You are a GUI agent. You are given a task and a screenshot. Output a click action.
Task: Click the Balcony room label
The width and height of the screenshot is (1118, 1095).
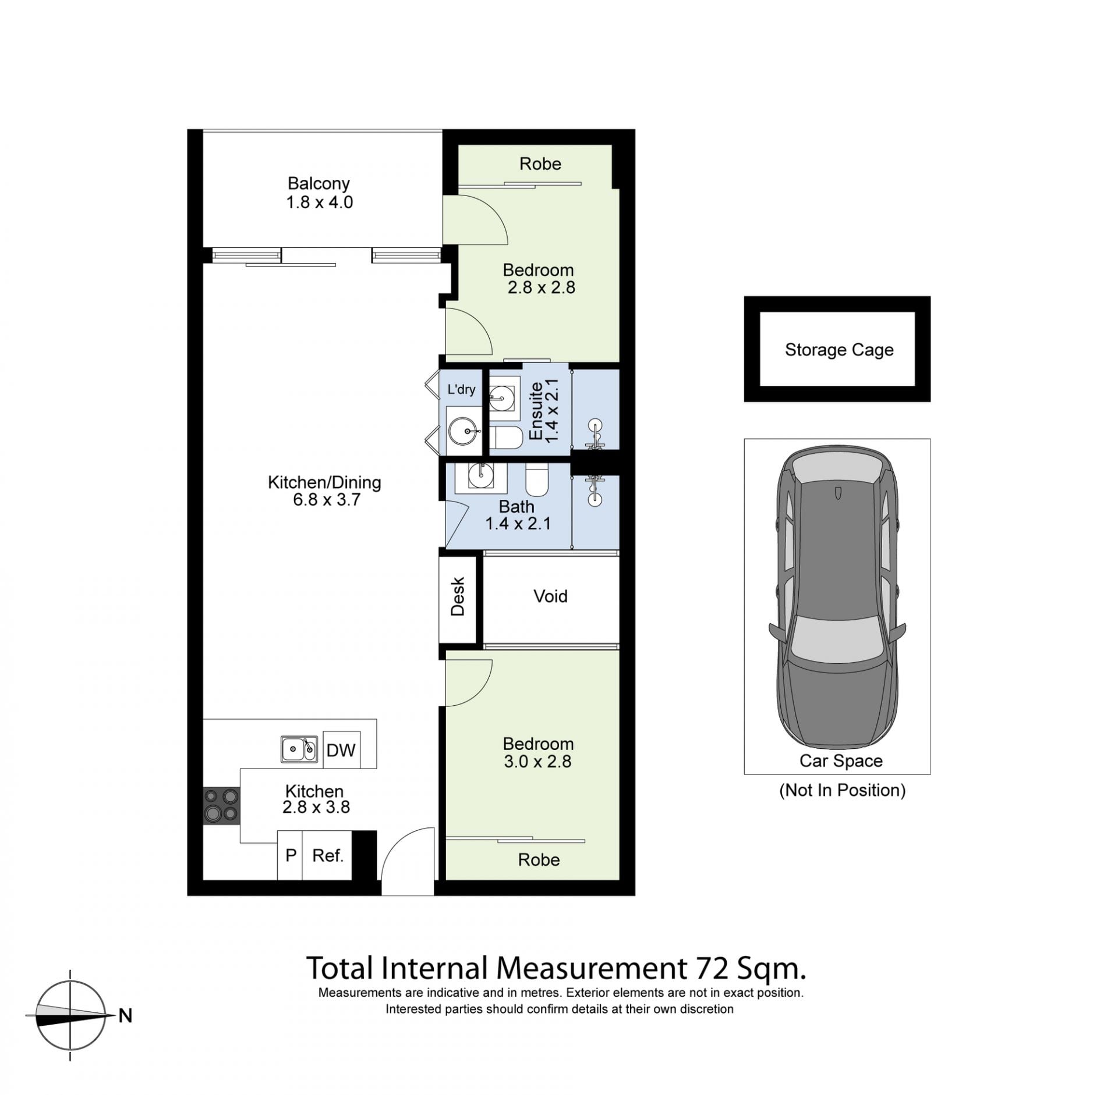click(319, 183)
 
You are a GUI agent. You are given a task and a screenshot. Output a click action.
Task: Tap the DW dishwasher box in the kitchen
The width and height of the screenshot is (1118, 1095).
click(341, 750)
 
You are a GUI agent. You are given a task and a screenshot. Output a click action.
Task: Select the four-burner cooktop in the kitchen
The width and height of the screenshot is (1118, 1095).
click(221, 806)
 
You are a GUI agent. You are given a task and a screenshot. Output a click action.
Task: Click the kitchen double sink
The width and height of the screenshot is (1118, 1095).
click(299, 749)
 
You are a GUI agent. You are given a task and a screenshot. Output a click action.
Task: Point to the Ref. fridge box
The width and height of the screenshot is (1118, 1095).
click(327, 855)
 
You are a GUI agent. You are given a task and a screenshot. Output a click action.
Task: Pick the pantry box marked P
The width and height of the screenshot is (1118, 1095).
click(290, 855)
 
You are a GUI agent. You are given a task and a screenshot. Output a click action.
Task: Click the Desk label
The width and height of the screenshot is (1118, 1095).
click(458, 596)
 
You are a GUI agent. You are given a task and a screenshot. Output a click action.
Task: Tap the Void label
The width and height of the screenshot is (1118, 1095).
click(550, 596)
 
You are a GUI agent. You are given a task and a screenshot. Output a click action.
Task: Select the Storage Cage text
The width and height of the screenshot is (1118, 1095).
click(839, 350)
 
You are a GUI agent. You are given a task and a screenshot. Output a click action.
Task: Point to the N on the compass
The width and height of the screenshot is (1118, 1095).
click(125, 1016)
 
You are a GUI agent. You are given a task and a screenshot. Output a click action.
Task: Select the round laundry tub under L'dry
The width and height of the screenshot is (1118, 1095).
click(464, 431)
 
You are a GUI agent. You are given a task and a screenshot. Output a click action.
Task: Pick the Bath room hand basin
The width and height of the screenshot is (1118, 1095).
click(481, 478)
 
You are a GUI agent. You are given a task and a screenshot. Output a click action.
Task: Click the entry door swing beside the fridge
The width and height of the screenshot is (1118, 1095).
click(408, 854)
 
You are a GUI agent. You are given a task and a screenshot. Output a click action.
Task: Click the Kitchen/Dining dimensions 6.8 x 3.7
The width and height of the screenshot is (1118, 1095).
click(327, 500)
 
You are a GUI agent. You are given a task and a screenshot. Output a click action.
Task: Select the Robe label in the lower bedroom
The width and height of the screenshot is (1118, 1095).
click(539, 860)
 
